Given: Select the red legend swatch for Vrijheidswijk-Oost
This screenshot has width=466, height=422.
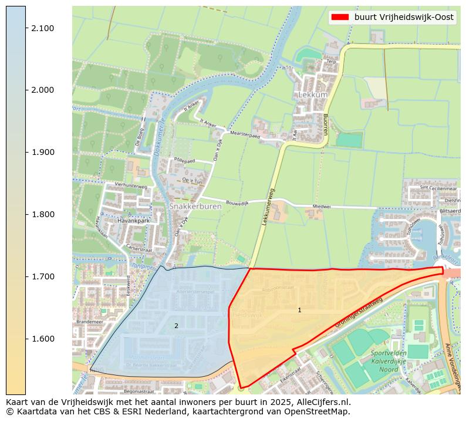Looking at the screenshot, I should pyautogui.click(x=340, y=17).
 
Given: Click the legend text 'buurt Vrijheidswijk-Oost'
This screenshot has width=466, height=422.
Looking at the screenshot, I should pyautogui.click(x=404, y=17).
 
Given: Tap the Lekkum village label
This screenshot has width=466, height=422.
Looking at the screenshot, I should pyautogui.click(x=312, y=94).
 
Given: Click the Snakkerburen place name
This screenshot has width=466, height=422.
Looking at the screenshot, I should pyautogui.click(x=191, y=207).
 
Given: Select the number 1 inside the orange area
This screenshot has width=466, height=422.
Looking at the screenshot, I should pyautogui.click(x=299, y=310).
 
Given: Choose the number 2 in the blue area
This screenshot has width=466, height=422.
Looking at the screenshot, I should pyautogui.click(x=176, y=326).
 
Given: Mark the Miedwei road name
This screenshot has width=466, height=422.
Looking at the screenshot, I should pyautogui.click(x=322, y=207).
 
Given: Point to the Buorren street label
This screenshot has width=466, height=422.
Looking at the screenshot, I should pyautogui.click(x=324, y=124).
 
